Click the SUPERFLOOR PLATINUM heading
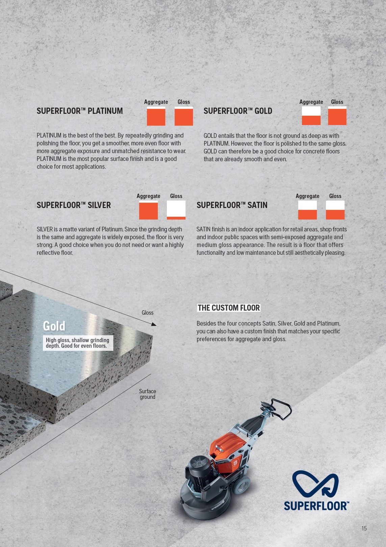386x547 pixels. [x=80, y=111]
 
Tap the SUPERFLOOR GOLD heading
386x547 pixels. [x=238, y=111]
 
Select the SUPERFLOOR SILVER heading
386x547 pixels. [x=74, y=205]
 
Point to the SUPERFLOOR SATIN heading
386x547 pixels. [x=232, y=205]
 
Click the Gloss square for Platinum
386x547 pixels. [x=184, y=116]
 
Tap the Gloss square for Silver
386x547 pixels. [x=176, y=210]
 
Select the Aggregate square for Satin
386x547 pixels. [x=307, y=210]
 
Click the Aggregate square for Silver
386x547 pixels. [x=148, y=210]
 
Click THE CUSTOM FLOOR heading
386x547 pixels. [x=229, y=308]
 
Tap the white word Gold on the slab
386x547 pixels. [x=54, y=326]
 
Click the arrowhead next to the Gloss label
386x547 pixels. [x=154, y=324]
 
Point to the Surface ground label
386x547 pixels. [x=147, y=394]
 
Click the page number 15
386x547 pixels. [x=364, y=528]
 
